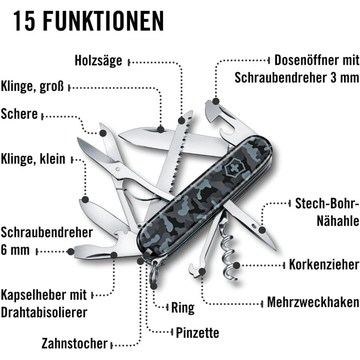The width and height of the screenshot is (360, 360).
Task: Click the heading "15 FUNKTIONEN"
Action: [88, 21]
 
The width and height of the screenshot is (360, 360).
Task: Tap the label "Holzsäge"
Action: [98, 61]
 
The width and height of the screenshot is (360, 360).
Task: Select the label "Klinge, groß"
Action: [32, 86]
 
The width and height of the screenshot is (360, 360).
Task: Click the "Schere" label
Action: [19, 114]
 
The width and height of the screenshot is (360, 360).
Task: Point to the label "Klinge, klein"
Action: [33, 159]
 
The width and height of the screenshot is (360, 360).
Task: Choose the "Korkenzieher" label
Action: [324, 264]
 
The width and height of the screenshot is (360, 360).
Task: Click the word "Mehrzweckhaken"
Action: [313, 302]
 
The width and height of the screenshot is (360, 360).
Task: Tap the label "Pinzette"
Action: [197, 332]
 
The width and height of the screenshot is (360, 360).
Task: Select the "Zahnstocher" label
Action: [75, 344]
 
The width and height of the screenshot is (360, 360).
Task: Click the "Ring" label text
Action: [183, 308]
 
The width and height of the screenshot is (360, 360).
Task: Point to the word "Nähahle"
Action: [338, 221]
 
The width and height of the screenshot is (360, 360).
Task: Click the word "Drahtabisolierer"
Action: [44, 313]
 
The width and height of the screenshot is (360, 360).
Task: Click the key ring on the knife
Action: [154, 273]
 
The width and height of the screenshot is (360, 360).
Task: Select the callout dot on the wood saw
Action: [182, 120]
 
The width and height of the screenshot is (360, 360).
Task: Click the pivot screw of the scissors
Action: [118, 169]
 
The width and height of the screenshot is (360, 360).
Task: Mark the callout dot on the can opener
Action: [216, 101]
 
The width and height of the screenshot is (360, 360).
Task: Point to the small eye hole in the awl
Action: [254, 226]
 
